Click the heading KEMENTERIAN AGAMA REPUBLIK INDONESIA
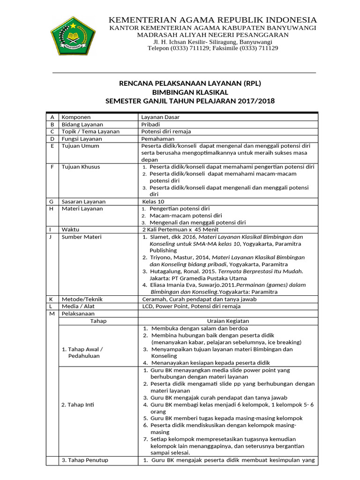(x=212, y=20)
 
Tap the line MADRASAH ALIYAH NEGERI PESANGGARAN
(x=212, y=35)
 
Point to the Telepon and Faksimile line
(x=212, y=48)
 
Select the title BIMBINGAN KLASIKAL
(x=190, y=92)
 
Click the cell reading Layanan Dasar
(x=160, y=117)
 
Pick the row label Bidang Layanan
(x=82, y=125)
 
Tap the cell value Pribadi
(x=150, y=125)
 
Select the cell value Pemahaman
(x=158, y=139)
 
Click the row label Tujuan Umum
(x=81, y=146)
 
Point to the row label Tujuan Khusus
(x=81, y=166)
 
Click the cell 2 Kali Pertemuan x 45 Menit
(x=180, y=230)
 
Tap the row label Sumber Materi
(x=82, y=237)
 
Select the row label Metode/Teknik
(x=82, y=299)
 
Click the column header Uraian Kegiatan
(x=228, y=321)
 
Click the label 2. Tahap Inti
(x=78, y=405)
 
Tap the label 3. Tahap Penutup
(x=85, y=460)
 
